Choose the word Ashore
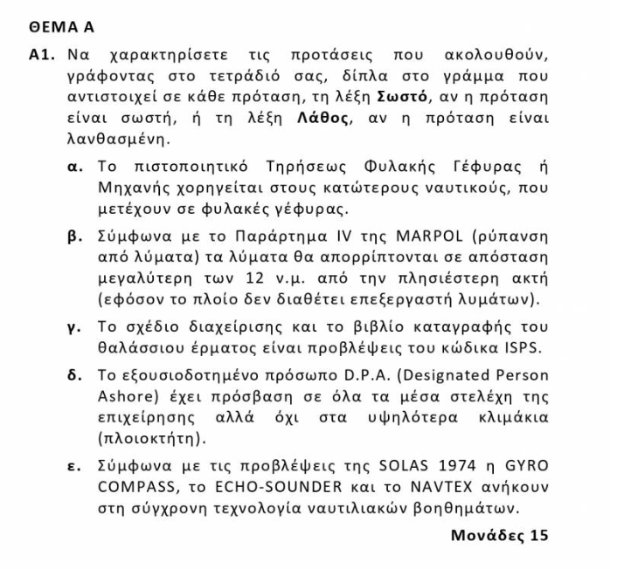pyautogui.click(x=123, y=397)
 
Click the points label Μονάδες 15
pyautogui.click(x=499, y=532)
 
